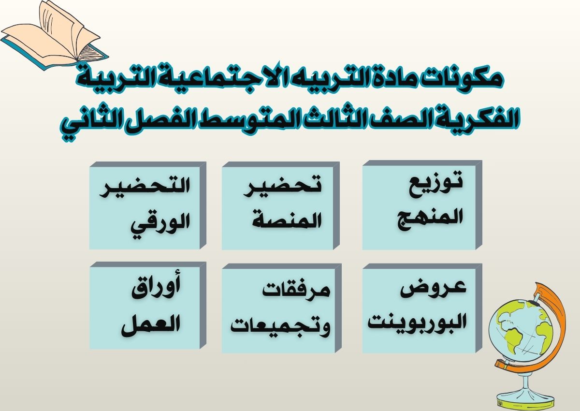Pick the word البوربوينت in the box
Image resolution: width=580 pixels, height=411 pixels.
tap(417, 322)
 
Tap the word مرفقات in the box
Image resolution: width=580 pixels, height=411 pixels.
tap(296, 291)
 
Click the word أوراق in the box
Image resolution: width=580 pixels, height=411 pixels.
tap(156, 290)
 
